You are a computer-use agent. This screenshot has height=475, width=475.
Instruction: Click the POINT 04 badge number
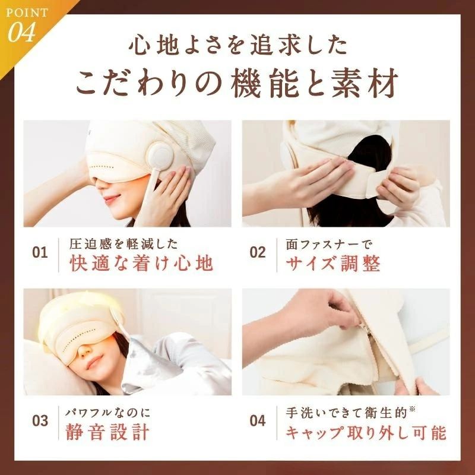(x=21, y=32)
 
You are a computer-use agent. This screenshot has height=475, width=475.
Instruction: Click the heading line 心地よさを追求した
(x=238, y=46)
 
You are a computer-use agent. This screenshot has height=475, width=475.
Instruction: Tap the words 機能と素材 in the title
(x=314, y=83)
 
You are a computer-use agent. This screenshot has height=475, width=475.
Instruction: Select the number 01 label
(x=40, y=253)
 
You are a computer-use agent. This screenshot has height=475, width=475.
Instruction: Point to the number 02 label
(x=258, y=253)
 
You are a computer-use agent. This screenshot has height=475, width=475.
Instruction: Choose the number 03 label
(x=40, y=421)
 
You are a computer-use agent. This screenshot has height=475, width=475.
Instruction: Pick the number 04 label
(x=258, y=421)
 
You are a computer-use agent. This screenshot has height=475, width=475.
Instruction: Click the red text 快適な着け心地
(x=141, y=263)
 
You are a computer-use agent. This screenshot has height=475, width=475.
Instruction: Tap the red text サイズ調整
(x=332, y=263)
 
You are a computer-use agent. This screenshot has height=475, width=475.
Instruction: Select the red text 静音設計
(x=107, y=432)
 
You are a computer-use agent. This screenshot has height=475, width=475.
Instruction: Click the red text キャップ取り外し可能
(x=366, y=432)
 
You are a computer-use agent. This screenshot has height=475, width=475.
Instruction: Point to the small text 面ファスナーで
(x=329, y=245)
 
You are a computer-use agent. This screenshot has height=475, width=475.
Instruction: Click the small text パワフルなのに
(x=108, y=413)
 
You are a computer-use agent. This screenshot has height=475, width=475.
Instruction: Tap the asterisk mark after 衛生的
(x=411, y=410)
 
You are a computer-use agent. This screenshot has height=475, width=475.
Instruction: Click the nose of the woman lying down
(x=85, y=351)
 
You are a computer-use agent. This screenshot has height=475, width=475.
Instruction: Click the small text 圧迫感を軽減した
(x=123, y=245)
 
